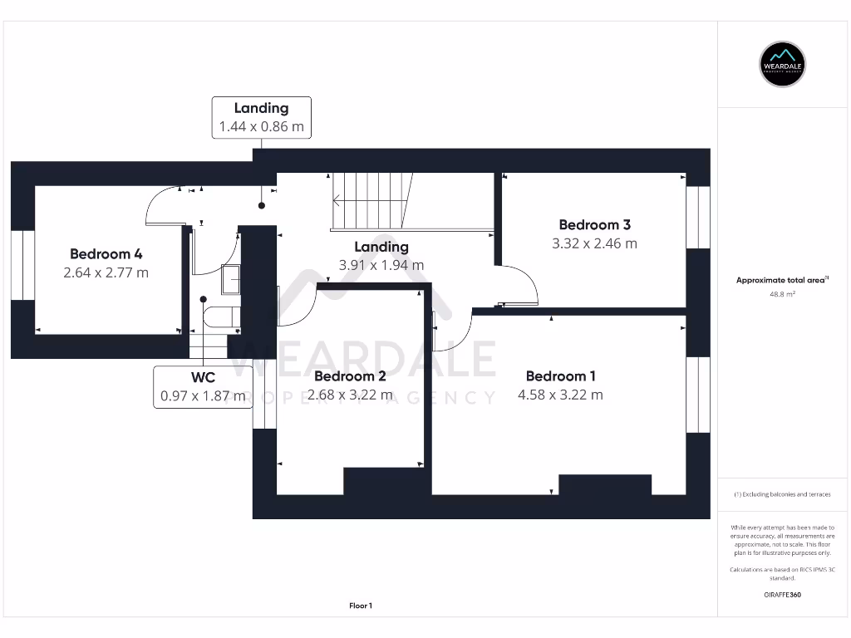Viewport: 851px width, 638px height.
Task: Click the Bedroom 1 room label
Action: [x=560, y=376]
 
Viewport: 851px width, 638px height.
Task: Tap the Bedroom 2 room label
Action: [x=350, y=376]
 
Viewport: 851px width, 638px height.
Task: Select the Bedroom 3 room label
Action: [x=594, y=224]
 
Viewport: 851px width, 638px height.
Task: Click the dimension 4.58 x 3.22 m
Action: [x=560, y=395]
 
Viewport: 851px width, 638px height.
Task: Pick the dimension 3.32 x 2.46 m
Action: [x=594, y=243]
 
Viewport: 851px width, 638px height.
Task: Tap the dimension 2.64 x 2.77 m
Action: [x=106, y=272]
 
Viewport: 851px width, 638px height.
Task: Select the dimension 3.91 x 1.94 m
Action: [x=381, y=265]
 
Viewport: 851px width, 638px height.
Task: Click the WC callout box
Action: [x=204, y=387]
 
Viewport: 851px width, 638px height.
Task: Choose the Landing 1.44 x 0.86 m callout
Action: [x=261, y=117]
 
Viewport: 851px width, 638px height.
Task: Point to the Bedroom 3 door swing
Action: [x=519, y=287]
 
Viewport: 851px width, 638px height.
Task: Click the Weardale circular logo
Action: [x=783, y=64]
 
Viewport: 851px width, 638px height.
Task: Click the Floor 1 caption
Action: [x=361, y=606]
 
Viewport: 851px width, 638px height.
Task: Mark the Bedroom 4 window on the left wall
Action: [x=22, y=266]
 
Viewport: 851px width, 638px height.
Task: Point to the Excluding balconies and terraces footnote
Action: [x=783, y=494]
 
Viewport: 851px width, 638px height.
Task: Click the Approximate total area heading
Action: [x=782, y=281]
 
